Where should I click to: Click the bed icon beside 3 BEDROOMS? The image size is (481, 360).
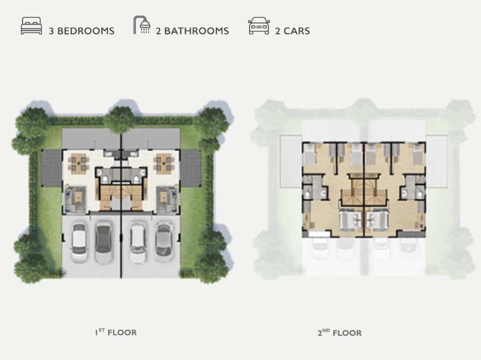31,26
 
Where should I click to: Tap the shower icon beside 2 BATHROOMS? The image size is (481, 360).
142,25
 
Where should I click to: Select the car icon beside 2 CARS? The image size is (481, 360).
259,26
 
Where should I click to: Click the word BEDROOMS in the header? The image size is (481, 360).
86,31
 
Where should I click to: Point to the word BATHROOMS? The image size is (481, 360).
197,31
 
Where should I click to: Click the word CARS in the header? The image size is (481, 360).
297,31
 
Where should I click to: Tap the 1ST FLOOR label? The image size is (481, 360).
116,332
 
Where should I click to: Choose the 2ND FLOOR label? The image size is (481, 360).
340,333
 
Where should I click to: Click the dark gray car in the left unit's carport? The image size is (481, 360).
103,243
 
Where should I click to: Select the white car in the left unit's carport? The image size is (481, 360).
79,243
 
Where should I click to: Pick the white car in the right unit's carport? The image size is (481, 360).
138,243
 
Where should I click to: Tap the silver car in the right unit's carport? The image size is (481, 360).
164,243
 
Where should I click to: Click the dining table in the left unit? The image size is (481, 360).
78,163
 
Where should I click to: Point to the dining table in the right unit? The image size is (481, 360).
163,163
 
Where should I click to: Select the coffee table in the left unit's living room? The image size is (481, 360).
79,197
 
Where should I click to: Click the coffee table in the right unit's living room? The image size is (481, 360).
163,197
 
